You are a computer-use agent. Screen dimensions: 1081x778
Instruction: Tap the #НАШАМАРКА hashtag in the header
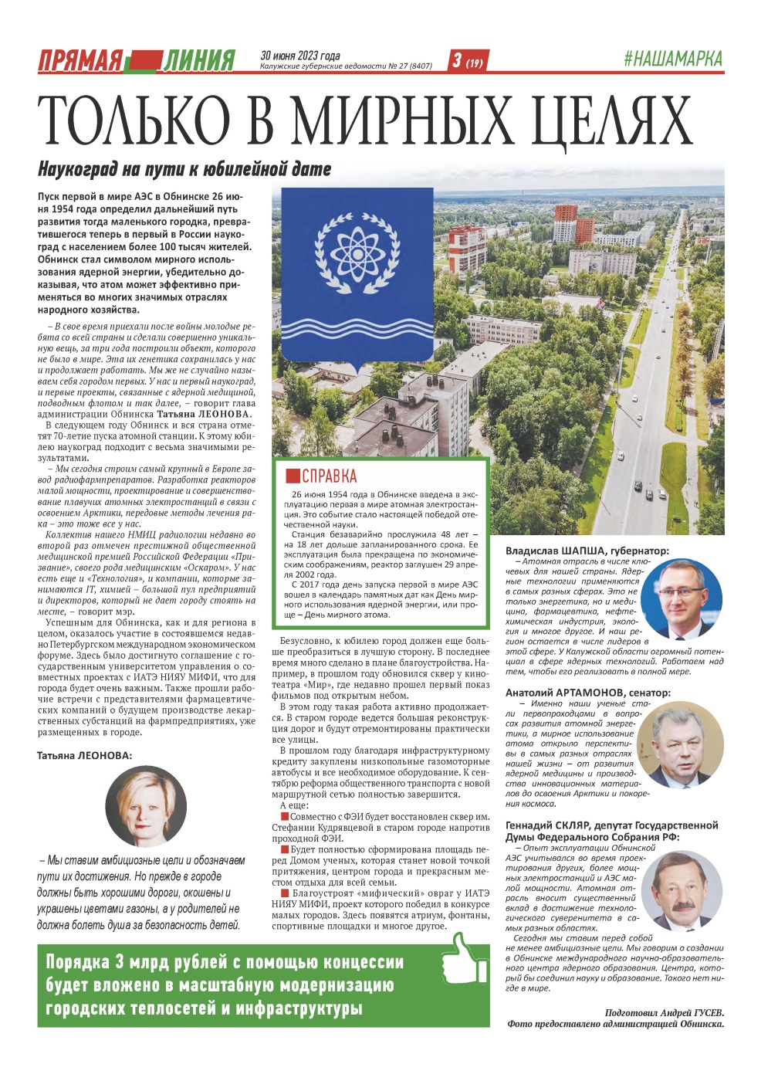click(x=672, y=59)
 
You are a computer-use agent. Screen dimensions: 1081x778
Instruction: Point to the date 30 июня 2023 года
click(x=300, y=56)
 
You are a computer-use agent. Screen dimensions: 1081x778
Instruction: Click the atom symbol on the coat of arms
click(x=357, y=252)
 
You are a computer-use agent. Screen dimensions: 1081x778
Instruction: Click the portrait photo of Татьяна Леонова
click(x=146, y=806)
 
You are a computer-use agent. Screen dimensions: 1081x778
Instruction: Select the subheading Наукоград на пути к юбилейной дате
click(x=184, y=169)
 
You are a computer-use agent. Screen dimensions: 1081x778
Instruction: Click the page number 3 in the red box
click(x=457, y=60)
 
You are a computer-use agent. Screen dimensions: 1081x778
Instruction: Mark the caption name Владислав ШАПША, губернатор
click(x=587, y=551)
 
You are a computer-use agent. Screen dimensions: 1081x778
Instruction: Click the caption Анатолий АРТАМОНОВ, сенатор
click(x=588, y=693)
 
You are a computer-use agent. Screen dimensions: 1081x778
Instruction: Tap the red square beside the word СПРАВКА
click(x=293, y=476)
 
